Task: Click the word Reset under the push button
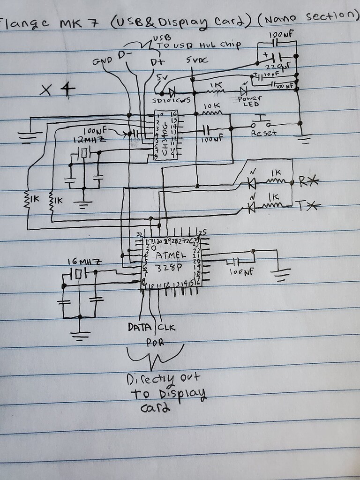264,133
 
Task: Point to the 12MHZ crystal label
89,140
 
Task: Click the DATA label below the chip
139,327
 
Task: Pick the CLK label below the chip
166,327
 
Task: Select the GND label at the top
103,62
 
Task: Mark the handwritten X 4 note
58,90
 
